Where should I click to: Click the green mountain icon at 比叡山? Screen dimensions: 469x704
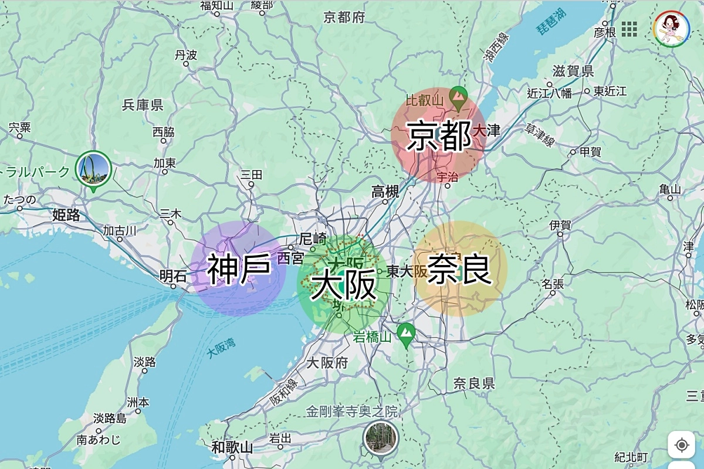point(458,94)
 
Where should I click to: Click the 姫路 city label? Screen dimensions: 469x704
point(66,215)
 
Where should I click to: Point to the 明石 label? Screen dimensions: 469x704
point(174,276)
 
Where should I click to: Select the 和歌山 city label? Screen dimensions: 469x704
point(232,447)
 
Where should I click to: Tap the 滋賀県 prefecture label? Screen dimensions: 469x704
point(573,72)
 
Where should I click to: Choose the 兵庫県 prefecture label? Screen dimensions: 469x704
point(143,106)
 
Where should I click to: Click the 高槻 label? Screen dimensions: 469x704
point(385,191)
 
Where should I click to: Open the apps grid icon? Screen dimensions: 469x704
point(629,28)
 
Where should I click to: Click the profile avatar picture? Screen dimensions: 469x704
point(672,28)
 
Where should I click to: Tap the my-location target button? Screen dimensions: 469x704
point(681,445)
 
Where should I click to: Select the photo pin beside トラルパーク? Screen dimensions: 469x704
point(93,169)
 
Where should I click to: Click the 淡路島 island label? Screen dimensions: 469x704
point(110,419)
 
